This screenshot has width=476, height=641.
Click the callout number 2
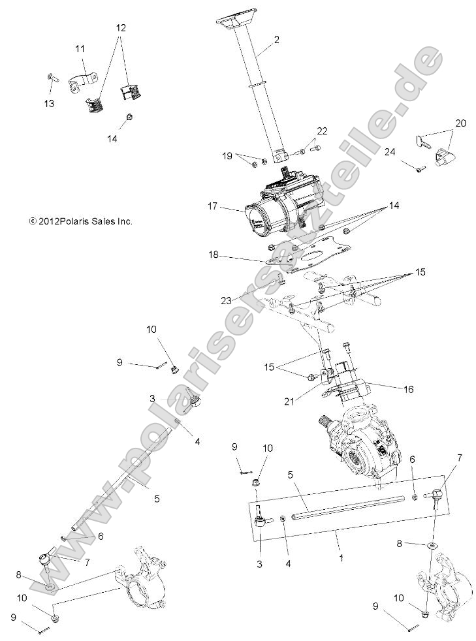click(x=277, y=40)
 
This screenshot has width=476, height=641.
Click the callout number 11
click(x=80, y=49)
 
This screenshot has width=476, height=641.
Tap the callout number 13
click(x=50, y=103)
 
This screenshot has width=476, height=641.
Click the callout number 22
click(x=321, y=131)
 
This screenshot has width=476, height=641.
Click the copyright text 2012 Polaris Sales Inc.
click(x=81, y=221)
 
